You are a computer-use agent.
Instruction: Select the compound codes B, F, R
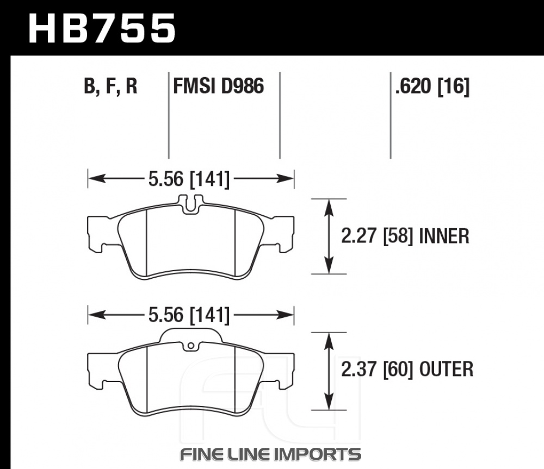point(110,86)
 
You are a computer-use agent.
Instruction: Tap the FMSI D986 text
point(219,86)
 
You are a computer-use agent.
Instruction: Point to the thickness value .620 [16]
point(432,86)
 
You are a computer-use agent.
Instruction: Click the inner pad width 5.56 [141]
point(189,179)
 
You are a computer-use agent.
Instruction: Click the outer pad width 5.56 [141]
point(189,315)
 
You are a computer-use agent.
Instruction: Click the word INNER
point(444,236)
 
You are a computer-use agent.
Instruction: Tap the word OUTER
point(446,369)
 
